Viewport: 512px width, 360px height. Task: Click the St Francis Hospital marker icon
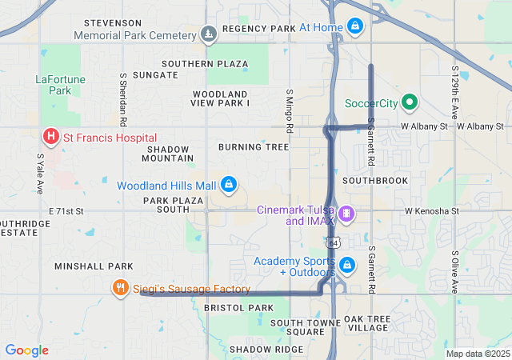pyautogui.click(x=50, y=138)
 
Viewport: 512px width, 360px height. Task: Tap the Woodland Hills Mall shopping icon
pyautogui.click(x=230, y=185)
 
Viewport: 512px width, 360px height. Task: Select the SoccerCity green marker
pyautogui.click(x=410, y=102)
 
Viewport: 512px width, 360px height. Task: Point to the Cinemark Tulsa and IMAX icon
pyautogui.click(x=346, y=214)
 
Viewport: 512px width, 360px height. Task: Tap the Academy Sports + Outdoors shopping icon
pyautogui.click(x=346, y=265)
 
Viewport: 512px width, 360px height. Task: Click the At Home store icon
pyautogui.click(x=354, y=27)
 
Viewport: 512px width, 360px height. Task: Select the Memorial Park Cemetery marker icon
pyautogui.click(x=209, y=34)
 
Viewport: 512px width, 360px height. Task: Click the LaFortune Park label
pyautogui.click(x=54, y=85)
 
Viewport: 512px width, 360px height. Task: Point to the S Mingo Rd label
pyautogui.click(x=290, y=111)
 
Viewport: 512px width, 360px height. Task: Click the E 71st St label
pyautogui.click(x=66, y=210)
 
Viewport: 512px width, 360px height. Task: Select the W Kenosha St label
pyautogui.click(x=432, y=211)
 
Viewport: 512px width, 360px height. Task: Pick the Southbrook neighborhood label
pyautogui.click(x=375, y=181)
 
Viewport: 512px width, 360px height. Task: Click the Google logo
pyautogui.click(x=26, y=350)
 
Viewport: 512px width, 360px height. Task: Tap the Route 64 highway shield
pyautogui.click(x=332, y=242)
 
